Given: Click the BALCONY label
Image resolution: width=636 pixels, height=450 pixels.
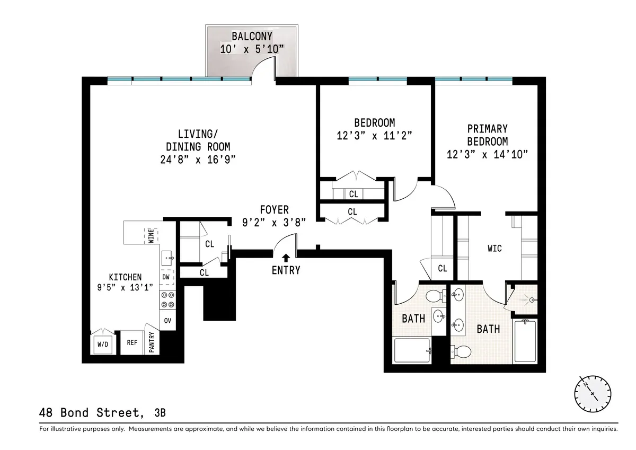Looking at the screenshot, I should coord(252,37).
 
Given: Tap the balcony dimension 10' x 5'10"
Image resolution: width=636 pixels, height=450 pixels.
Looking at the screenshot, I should coord(252,48).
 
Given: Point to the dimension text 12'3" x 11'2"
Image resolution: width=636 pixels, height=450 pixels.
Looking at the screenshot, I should coord(374,135).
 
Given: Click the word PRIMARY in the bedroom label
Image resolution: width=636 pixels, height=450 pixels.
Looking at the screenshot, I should coord(487,129).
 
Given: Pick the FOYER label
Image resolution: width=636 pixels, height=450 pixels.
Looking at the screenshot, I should coord(274,210).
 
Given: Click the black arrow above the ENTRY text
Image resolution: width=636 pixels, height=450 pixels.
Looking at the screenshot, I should coord(286,258).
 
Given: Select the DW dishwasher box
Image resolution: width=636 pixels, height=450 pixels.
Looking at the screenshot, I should coord(165,277).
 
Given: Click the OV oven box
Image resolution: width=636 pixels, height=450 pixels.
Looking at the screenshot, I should coord(167,320).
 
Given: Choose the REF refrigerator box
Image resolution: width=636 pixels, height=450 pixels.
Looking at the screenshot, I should coord(132,343).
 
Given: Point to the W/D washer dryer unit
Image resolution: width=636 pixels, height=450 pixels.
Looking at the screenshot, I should coord(102,345).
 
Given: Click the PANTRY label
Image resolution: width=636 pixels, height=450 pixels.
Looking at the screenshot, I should coord(152,343).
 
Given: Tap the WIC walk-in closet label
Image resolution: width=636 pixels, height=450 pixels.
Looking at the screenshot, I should coord(494,248).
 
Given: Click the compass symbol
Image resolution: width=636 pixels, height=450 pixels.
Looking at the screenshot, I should coord(592,393).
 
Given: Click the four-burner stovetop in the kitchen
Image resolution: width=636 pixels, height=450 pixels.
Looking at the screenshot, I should coord(167,299).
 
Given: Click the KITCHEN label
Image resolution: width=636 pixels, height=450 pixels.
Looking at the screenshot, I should coord(125,277).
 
